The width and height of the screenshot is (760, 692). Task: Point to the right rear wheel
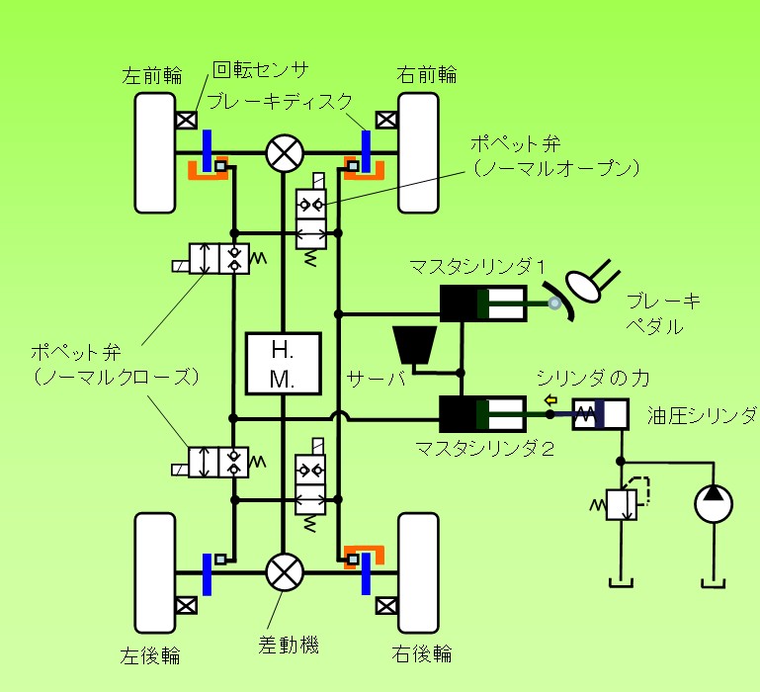point(418,572)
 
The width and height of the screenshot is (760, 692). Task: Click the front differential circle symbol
point(285,153)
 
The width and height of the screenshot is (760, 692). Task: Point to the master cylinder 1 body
point(482,304)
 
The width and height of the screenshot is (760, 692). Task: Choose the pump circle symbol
point(715,502)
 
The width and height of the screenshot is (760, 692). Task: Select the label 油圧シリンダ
point(702,413)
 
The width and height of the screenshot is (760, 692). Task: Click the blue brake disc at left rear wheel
point(208,573)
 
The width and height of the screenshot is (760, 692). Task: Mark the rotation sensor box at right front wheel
point(387,121)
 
